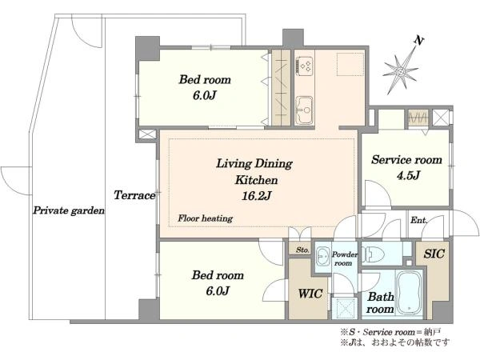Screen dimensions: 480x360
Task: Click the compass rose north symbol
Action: (401, 72)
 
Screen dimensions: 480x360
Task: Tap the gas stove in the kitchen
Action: (304, 66)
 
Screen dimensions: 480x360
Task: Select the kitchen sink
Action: (304, 110)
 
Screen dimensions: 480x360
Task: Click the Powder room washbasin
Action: (322, 257)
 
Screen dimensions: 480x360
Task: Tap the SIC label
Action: (434, 254)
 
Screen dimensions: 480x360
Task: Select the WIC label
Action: (310, 294)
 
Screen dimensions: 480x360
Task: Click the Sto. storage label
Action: (302, 250)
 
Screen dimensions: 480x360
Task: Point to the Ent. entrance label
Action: (418, 220)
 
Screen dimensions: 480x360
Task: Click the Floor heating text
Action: (205, 218)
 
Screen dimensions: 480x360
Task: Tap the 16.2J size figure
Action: (256, 196)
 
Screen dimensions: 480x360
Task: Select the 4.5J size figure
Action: (408, 175)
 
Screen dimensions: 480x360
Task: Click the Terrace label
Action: (134, 195)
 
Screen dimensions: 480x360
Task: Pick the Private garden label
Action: (69, 210)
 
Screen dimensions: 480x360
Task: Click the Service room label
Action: (406, 160)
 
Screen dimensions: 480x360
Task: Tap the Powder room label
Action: (344, 258)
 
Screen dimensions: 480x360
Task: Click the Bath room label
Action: (380, 302)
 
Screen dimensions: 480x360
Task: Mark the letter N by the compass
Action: (418, 40)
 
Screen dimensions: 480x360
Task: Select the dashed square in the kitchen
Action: (350, 64)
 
